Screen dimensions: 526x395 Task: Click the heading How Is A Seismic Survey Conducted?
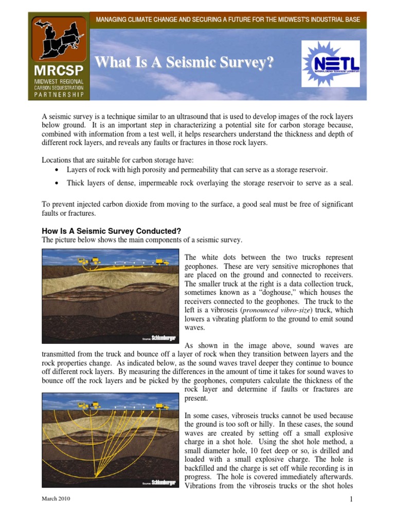tap(112, 231)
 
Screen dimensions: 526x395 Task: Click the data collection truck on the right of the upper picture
tap(163, 261)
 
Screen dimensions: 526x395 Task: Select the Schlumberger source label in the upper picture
tap(160, 339)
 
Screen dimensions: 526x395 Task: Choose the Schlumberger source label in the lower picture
tap(160, 483)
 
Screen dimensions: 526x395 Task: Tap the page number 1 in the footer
tap(350, 499)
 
